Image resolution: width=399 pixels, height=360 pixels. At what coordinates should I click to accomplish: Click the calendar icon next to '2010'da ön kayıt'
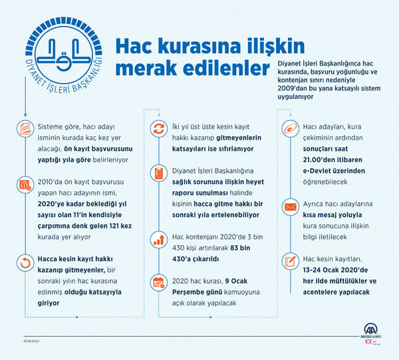(25, 185)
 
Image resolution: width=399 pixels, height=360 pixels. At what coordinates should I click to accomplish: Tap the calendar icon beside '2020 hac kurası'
(160, 282)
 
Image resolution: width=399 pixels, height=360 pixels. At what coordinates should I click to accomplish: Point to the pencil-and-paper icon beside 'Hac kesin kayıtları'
(291, 260)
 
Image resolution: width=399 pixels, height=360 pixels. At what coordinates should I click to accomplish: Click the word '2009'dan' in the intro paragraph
(298, 88)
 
